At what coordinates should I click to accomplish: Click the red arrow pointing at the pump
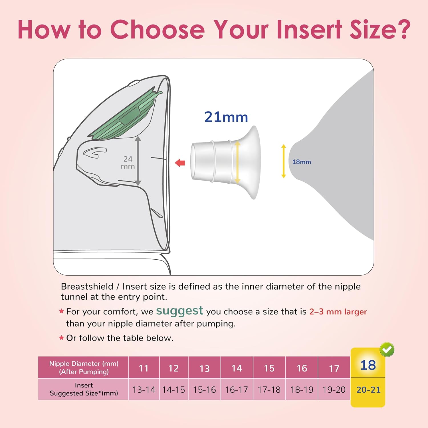[x=180, y=163]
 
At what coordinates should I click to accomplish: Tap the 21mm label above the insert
[x=226, y=117]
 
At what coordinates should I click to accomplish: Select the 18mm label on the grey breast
[x=302, y=162]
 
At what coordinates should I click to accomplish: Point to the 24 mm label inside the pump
[x=128, y=162]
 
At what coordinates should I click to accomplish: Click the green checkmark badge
[x=387, y=350]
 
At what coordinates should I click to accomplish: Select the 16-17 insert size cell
[x=237, y=389]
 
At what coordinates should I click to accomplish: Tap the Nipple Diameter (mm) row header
[x=84, y=368]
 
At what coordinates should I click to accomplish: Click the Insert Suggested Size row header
[x=84, y=389]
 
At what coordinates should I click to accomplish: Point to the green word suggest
[x=180, y=311]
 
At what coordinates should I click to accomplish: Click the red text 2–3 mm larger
[x=338, y=312]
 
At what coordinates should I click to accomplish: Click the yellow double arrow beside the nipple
[x=283, y=161]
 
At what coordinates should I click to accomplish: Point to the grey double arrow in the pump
[x=138, y=161]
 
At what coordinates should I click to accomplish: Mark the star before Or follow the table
[x=61, y=338]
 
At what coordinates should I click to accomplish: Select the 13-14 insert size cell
[x=144, y=389]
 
